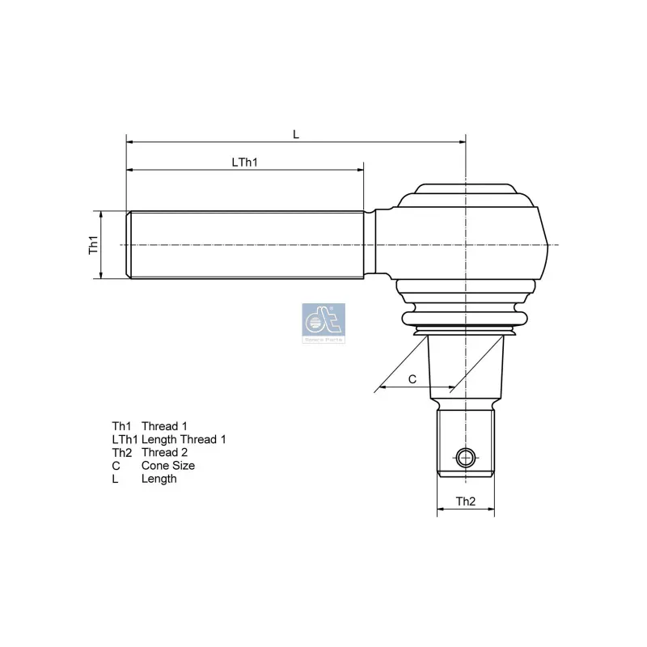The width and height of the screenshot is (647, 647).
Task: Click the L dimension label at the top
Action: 296,134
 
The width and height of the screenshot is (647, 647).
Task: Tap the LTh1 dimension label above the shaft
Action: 244,162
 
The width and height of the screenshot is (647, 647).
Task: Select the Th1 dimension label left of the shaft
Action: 93,245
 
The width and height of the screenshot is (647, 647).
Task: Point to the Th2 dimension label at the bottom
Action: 465,502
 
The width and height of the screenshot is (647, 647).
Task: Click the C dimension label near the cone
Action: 412,378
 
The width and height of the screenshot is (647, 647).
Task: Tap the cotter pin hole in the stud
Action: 464,459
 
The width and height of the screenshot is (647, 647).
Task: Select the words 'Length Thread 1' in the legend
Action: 184,439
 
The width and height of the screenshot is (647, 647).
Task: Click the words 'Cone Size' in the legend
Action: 168,466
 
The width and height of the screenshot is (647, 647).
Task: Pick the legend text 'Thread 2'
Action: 164,452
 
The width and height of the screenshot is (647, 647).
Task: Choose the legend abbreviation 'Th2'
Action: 121,452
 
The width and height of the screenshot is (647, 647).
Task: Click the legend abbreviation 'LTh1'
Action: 125,439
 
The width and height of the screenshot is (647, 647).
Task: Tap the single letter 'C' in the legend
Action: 116,466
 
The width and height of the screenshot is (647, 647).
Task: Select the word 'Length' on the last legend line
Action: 159,479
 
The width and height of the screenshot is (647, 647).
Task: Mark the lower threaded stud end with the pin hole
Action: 465,445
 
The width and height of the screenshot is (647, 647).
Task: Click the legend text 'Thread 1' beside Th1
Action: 164,426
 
